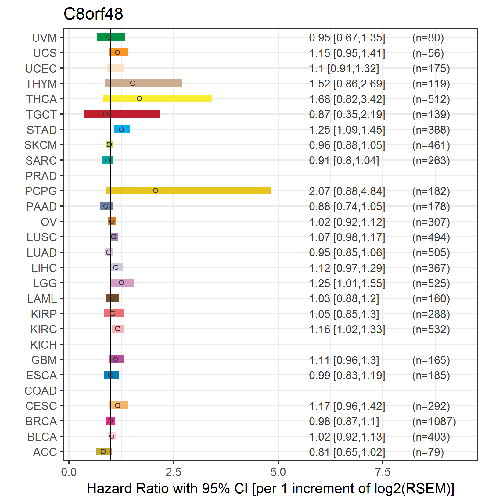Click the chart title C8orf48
(x=93, y=14)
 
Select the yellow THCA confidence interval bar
(x=158, y=98)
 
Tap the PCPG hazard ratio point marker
(x=156, y=191)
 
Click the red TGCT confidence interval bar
(x=122, y=114)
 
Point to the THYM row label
(x=41, y=84)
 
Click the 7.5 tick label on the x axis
(x=383, y=472)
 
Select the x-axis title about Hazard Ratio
(x=271, y=489)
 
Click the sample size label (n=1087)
(x=434, y=422)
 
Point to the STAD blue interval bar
(x=122, y=129)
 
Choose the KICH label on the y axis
(x=44, y=345)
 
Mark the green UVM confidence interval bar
(x=111, y=37)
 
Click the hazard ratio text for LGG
(x=347, y=284)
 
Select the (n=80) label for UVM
(x=428, y=38)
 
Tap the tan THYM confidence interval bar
(x=143, y=83)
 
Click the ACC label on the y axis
(x=45, y=452)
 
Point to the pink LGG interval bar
(x=122, y=283)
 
